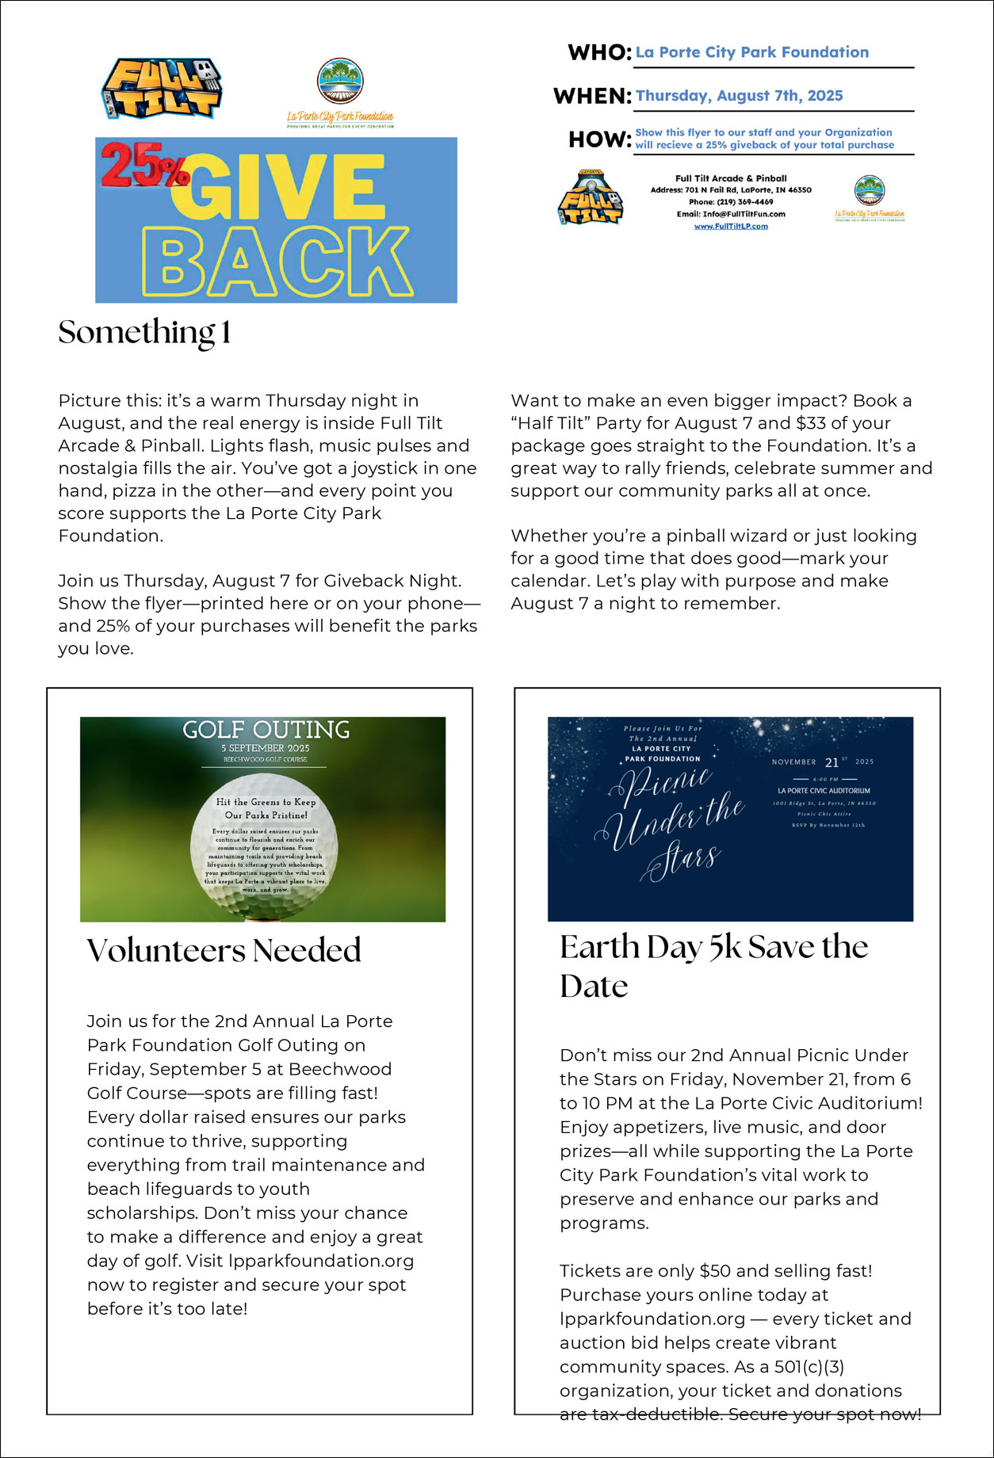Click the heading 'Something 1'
[144, 333]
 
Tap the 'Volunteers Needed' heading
[224, 950]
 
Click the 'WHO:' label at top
[599, 53]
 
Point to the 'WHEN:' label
[592, 97]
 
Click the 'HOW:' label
[599, 139]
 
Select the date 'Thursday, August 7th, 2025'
[739, 96]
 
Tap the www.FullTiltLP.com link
[731, 227]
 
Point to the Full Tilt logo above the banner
[162, 88]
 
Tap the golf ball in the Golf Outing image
[265, 847]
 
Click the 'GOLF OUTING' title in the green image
[266, 730]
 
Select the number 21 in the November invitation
[832, 762]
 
